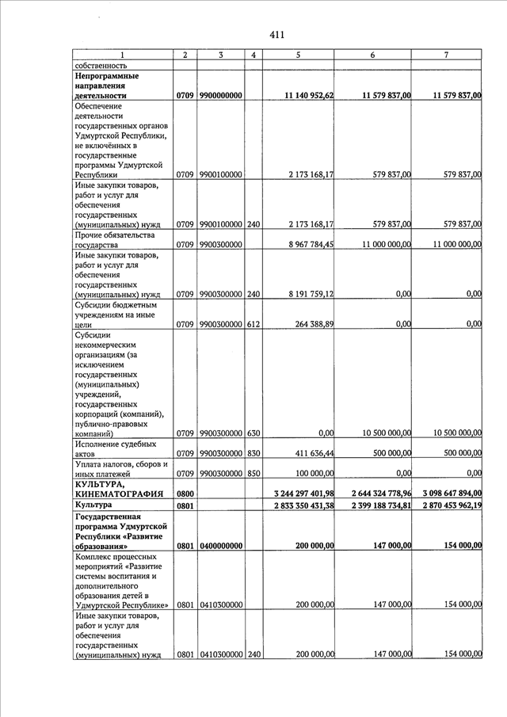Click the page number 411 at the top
coord(276,35)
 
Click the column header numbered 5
coord(298,55)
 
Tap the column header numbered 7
coord(446,55)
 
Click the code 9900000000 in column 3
coord(221,96)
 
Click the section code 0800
coord(185,493)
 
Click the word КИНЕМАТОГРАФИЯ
coord(119,493)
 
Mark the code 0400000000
coord(221,546)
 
